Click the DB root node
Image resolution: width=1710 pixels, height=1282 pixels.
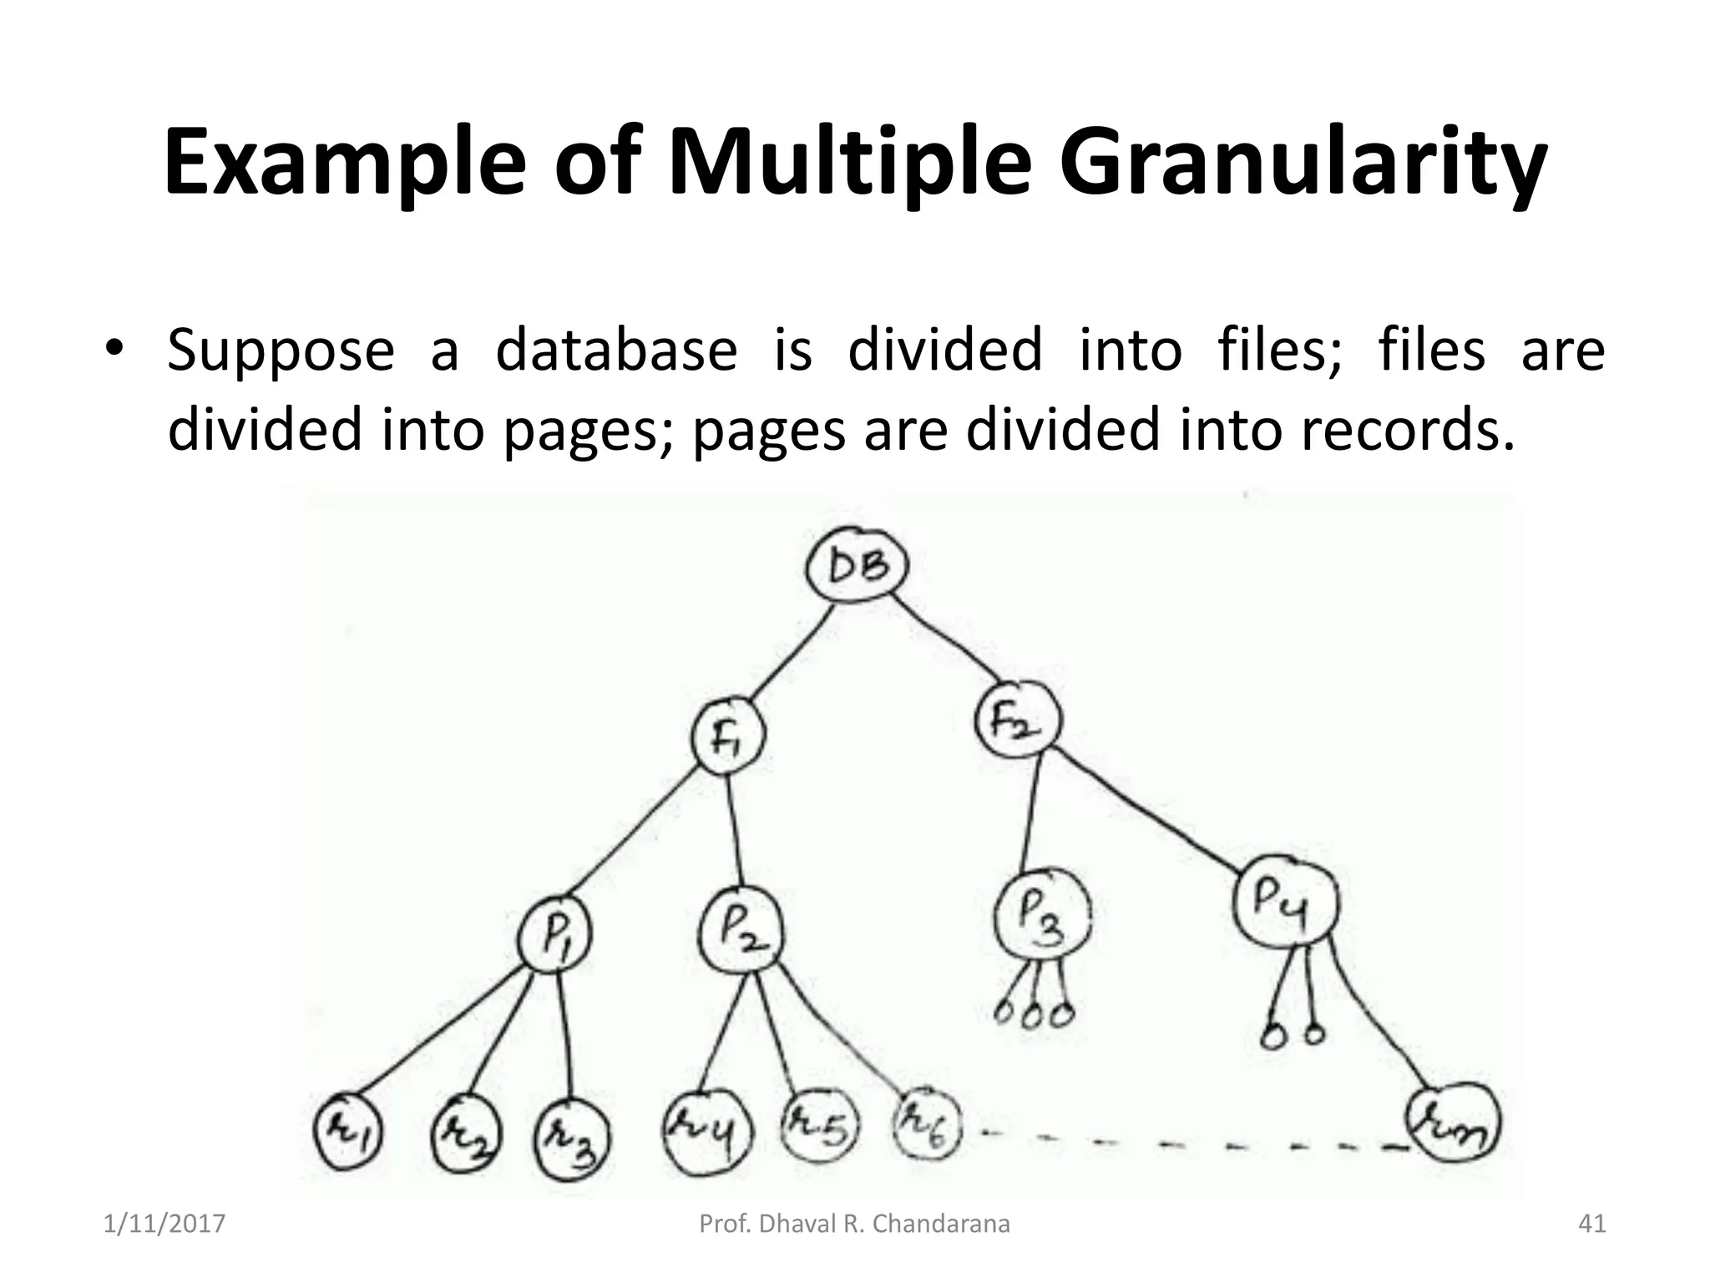click(857, 568)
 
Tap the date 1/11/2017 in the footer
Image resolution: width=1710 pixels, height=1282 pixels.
click(164, 1224)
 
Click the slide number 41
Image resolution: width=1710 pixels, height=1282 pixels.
click(1591, 1224)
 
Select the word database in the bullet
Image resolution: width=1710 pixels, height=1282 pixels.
click(616, 351)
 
